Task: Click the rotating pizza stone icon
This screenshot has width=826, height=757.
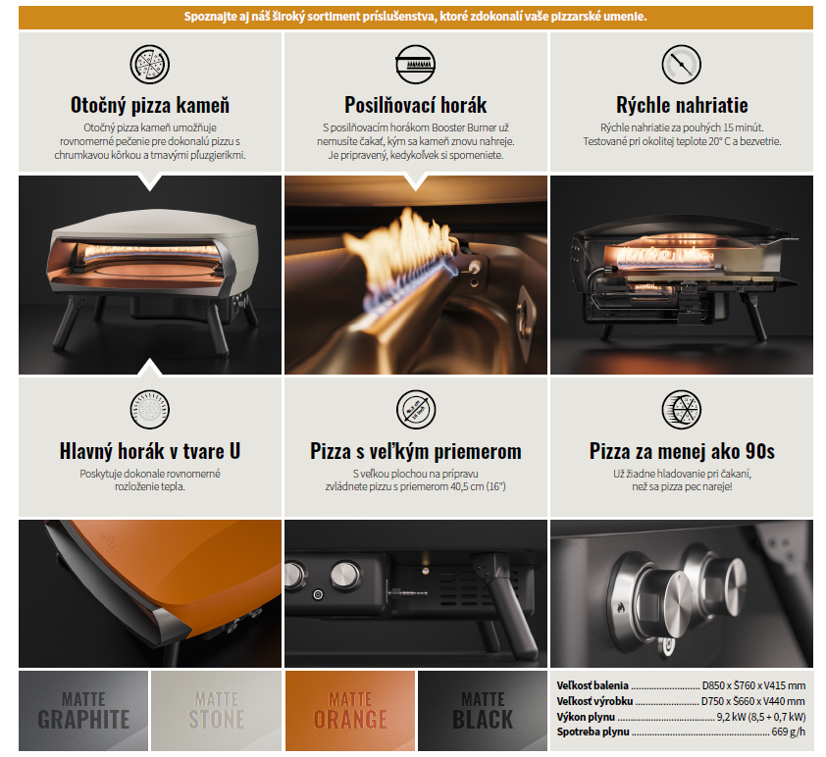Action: tap(150, 64)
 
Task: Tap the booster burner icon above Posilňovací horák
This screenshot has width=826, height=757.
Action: tap(416, 64)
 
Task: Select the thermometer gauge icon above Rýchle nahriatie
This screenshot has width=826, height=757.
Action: tap(681, 64)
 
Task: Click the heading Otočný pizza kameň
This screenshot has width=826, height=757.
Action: tap(150, 105)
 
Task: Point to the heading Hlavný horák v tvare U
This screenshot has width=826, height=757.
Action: tap(150, 451)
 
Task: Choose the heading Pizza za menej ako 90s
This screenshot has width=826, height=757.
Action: tap(682, 451)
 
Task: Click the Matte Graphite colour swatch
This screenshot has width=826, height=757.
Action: tap(83, 711)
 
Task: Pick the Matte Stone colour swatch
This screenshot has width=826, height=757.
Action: tap(216, 711)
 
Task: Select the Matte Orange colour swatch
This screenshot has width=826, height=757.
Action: tap(350, 711)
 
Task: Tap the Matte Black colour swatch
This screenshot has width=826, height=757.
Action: tap(483, 711)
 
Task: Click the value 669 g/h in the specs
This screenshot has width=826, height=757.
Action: tap(788, 732)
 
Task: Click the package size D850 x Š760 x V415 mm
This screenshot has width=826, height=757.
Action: tap(753, 685)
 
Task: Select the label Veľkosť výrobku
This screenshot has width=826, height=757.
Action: tap(594, 701)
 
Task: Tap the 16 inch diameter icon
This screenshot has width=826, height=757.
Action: tap(416, 410)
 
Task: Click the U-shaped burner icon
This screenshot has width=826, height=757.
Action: tap(150, 410)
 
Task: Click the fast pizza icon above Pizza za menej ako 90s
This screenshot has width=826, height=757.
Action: tap(681, 410)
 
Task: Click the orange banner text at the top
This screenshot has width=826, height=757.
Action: tap(416, 17)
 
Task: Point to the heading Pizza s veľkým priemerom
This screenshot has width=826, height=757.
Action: tap(416, 451)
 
